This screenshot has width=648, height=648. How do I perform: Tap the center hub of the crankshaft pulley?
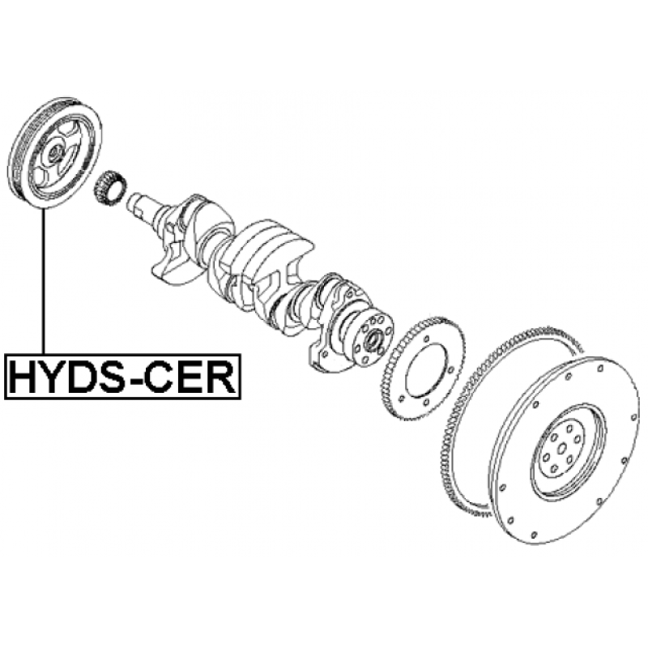point(54,151)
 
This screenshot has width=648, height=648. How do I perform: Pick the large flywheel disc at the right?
point(567,454)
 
